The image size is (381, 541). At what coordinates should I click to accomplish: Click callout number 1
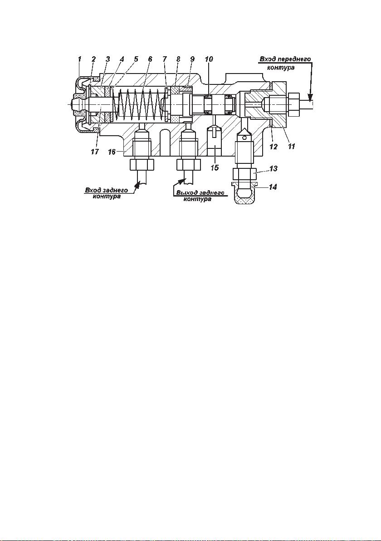[80, 59]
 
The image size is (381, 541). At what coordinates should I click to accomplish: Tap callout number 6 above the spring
[150, 59]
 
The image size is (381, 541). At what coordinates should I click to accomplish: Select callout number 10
[209, 59]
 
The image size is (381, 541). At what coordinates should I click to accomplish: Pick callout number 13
[273, 169]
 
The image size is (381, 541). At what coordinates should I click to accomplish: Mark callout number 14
[273, 187]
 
